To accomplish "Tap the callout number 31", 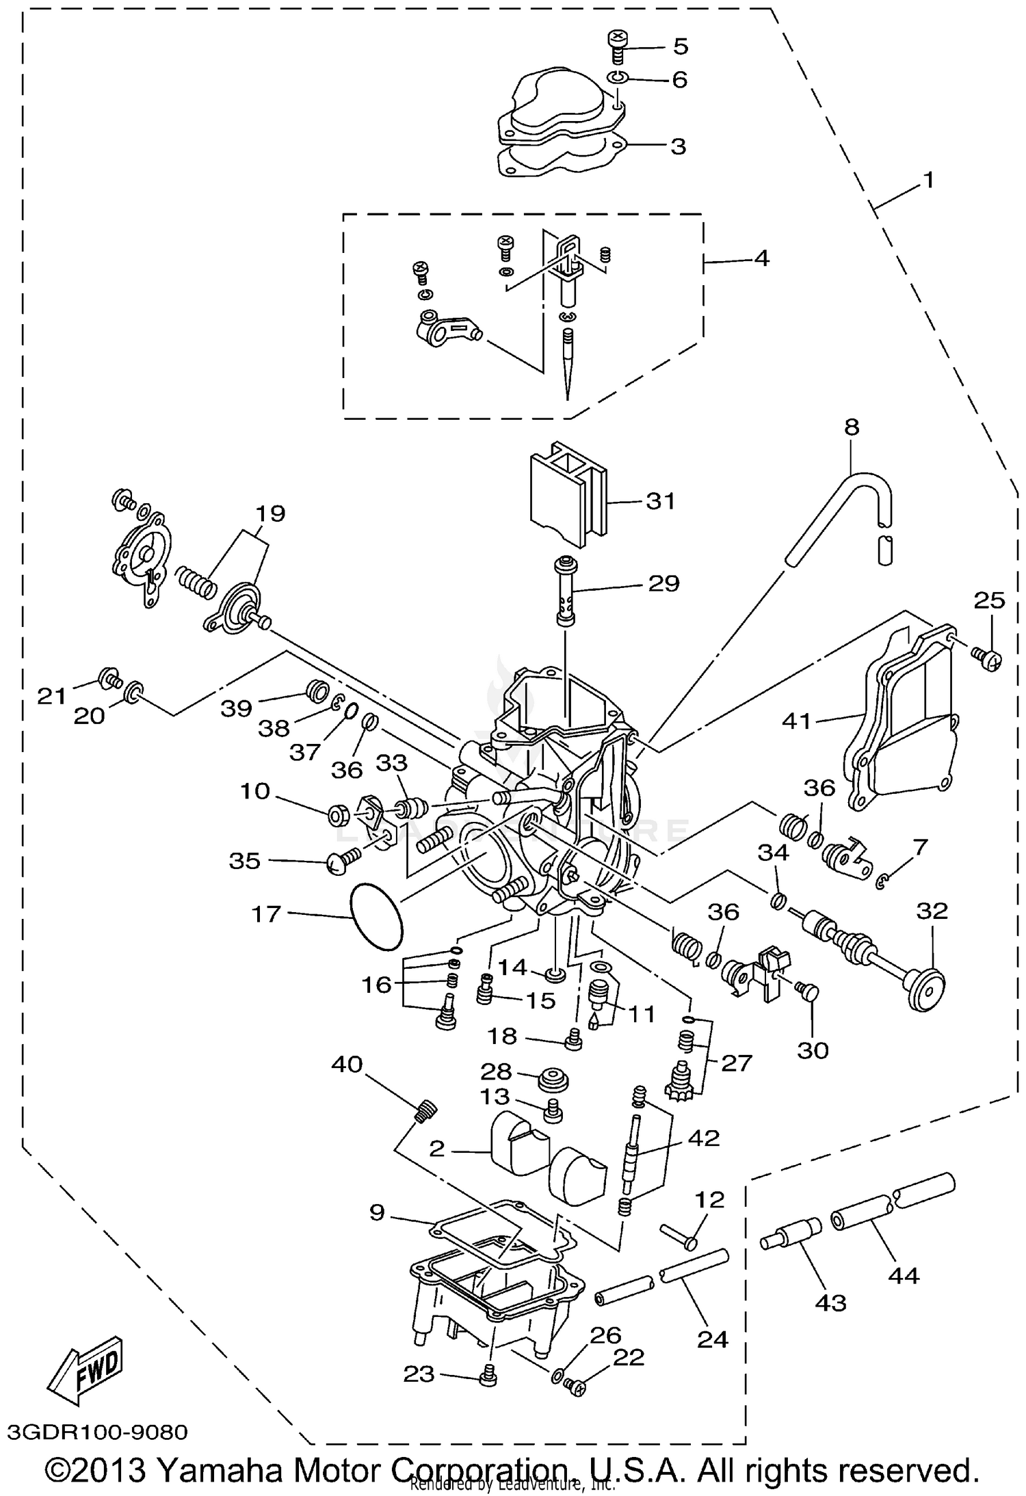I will [x=661, y=501].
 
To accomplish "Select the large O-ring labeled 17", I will [x=376, y=916].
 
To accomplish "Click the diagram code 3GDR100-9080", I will [x=97, y=1432].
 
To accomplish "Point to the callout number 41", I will [x=797, y=721].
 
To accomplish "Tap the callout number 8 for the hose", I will [x=852, y=427].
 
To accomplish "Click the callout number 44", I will [x=903, y=1275].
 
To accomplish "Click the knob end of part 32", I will [x=928, y=989].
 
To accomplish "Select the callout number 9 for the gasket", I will [x=377, y=1212].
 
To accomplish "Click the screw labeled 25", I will [x=986, y=658].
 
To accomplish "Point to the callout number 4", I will [x=762, y=258].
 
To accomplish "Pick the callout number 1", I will [x=928, y=180].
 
